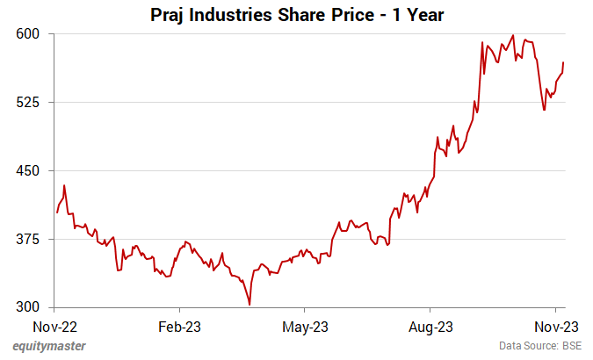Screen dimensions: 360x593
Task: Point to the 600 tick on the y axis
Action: pyautogui.click(x=32, y=33)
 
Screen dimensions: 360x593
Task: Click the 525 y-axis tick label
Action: pyautogui.click(x=32, y=102)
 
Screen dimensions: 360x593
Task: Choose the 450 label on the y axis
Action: pyautogui.click(x=32, y=170)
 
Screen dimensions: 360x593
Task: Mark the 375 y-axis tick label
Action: pyautogui.click(x=32, y=239)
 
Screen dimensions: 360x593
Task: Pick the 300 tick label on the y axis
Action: pyautogui.click(x=32, y=307)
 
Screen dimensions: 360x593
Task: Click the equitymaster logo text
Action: pyautogui.click(x=49, y=346)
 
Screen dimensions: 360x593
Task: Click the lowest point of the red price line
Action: pyautogui.click(x=250, y=305)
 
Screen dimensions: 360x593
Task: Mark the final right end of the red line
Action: pyautogui.click(x=563, y=62)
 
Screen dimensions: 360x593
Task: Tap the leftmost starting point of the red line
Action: pyautogui.click(x=56, y=212)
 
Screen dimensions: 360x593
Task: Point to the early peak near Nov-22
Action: pyautogui.click(x=64, y=185)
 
